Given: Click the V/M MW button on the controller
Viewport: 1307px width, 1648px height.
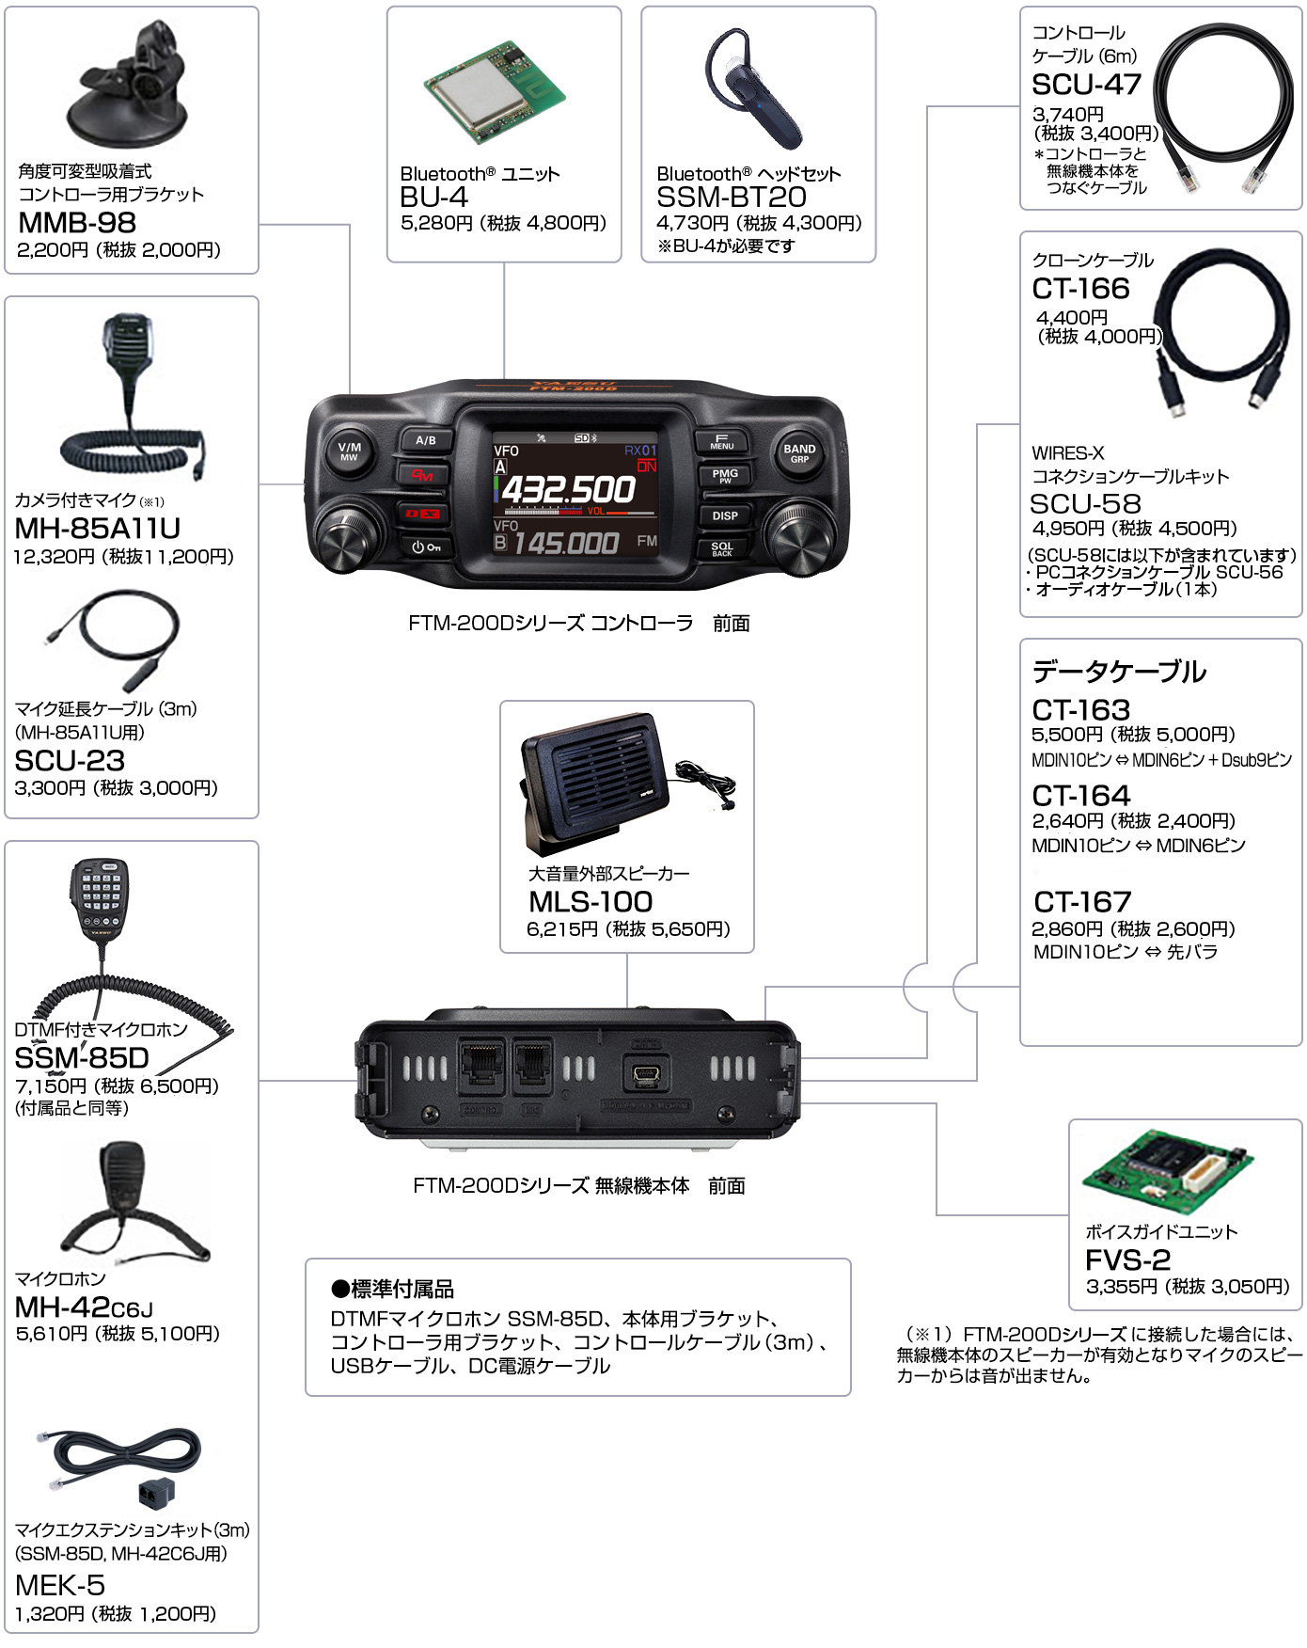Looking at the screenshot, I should coord(349,452).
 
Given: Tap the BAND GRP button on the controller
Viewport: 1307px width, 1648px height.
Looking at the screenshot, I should coord(799,453).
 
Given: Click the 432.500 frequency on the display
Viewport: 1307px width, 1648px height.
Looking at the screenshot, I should coord(568,490).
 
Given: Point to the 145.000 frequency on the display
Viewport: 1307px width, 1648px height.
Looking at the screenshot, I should coord(566,543).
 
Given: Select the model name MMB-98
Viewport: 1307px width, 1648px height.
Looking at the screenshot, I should coord(77,223).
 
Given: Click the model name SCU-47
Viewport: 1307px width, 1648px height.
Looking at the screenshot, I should coord(1086,85).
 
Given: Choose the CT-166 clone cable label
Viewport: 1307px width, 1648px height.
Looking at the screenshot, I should coord(1080,289).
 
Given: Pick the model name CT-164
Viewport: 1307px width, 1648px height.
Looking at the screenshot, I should coord(1080,796).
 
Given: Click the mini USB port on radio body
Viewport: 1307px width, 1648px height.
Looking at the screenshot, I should coord(646,1072).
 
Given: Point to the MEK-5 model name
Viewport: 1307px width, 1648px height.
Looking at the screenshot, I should coord(60,1586).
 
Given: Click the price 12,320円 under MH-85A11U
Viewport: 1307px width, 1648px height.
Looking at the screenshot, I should coord(54,557).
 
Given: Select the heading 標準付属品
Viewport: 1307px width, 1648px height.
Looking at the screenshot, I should coord(393,1289).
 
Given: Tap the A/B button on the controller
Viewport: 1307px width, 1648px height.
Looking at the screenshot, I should coord(426,440).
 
